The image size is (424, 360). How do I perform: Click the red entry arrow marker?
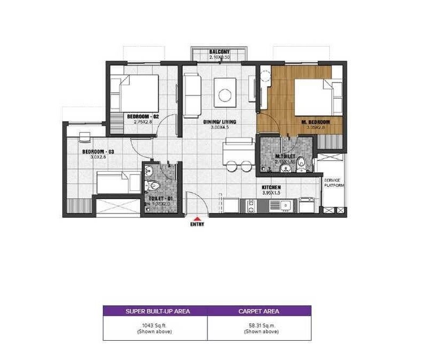coord(198,219)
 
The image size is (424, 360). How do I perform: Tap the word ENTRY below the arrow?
coord(198,225)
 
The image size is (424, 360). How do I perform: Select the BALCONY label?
coord(220,52)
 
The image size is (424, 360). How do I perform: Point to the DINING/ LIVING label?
coord(220,122)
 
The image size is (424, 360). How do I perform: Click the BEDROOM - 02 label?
coord(143,116)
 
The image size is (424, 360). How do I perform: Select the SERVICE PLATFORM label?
coord(333,182)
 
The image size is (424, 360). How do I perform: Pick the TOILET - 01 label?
coord(159,198)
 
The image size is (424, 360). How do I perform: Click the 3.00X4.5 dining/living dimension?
coord(220,128)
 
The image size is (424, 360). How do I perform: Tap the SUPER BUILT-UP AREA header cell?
coord(155,311)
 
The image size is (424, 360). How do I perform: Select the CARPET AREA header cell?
coord(259,311)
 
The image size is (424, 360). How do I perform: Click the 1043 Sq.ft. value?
coord(155,325)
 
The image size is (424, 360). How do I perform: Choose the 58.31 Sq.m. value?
coord(259,325)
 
